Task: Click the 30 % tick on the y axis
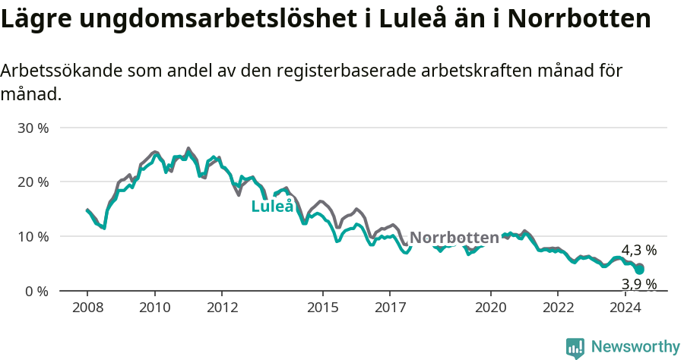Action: pyautogui.click(x=33, y=128)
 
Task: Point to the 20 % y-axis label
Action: pyautogui.click(x=33, y=182)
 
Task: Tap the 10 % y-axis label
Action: pyautogui.click(x=33, y=236)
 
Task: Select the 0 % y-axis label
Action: pyautogui.click(x=36, y=291)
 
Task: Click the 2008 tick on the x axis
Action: pyautogui.click(x=87, y=308)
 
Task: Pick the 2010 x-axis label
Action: pyautogui.click(x=154, y=308)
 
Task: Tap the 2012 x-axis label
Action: pyautogui.click(x=221, y=308)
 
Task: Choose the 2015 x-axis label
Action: pyautogui.click(x=322, y=308)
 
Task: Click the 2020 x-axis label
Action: pyautogui.click(x=490, y=308)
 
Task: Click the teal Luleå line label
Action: pyautogui.click(x=272, y=206)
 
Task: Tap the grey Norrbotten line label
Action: pyautogui.click(x=454, y=237)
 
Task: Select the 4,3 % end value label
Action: pyautogui.click(x=638, y=250)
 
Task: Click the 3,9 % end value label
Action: pyautogui.click(x=638, y=284)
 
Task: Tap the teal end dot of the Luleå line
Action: pyautogui.click(x=640, y=270)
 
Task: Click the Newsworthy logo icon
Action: pyautogui.click(x=575, y=348)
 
